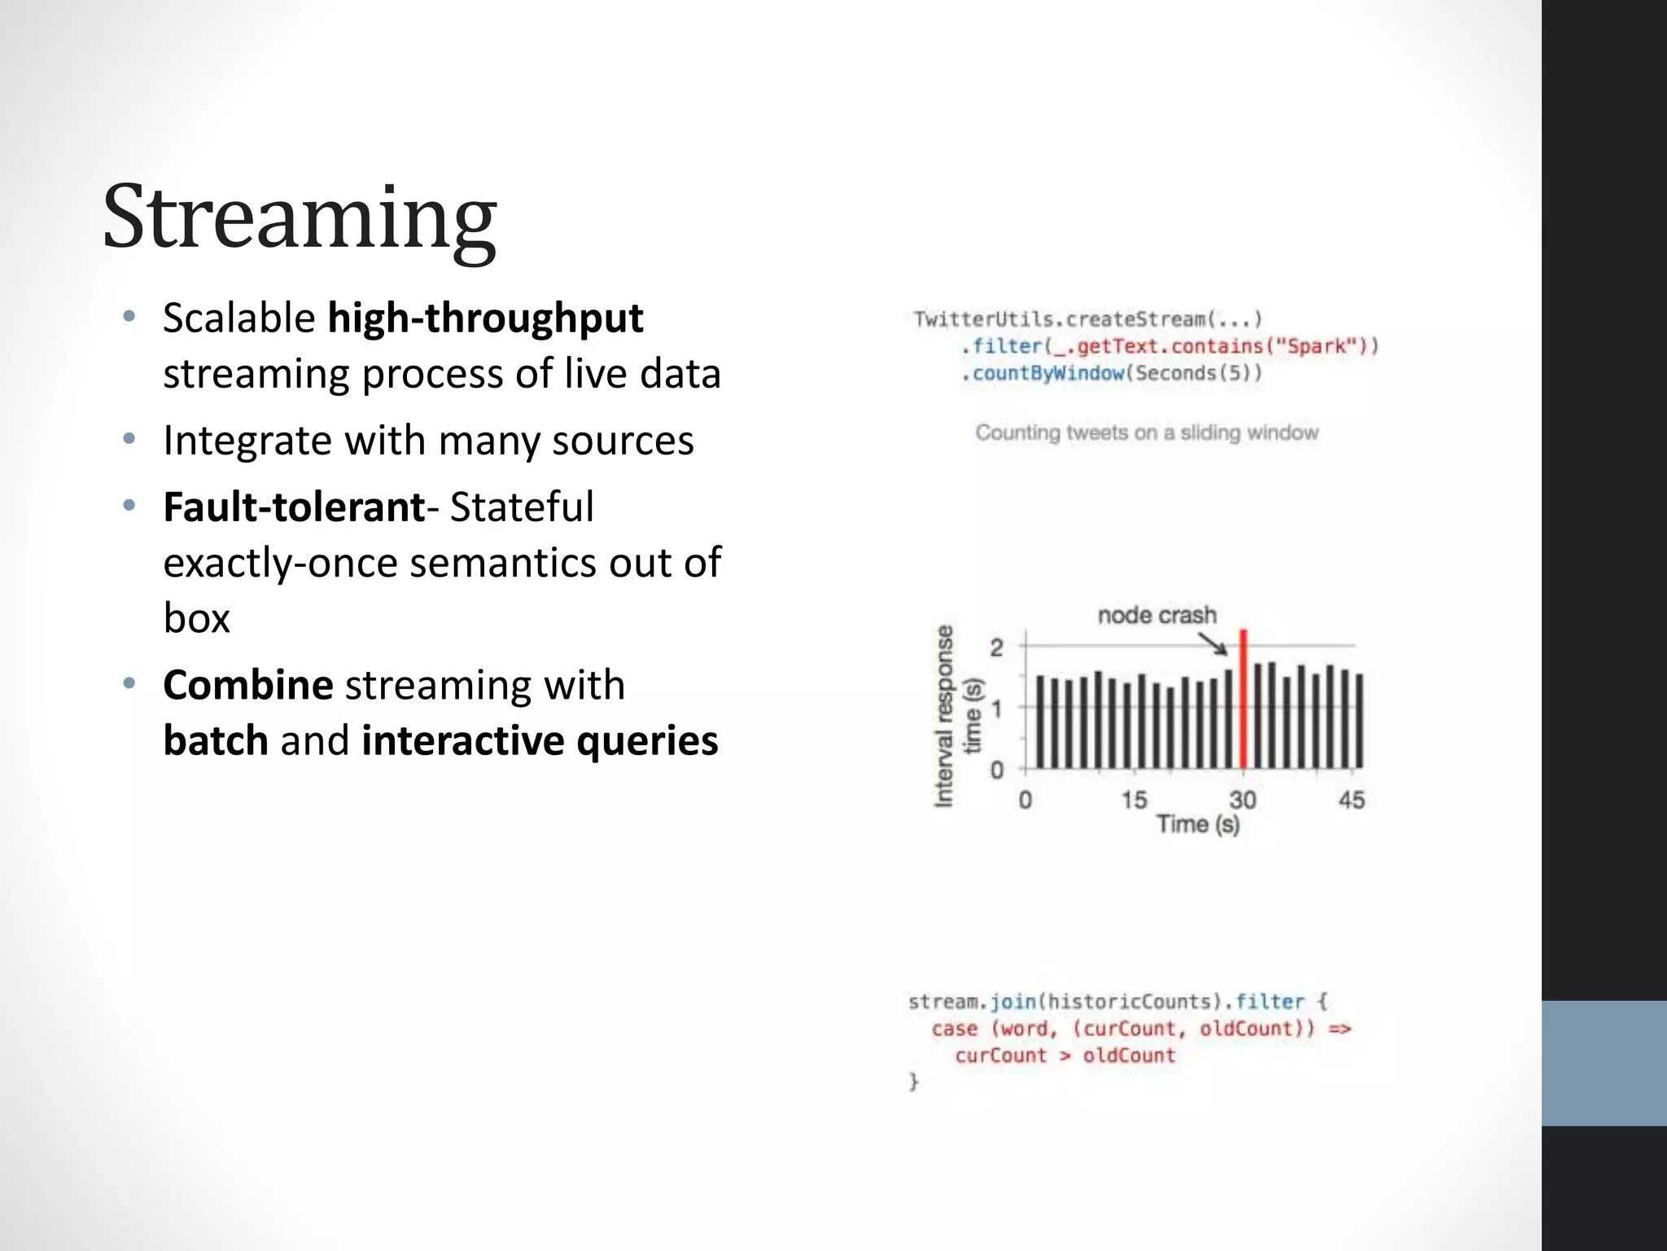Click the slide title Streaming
click(299, 217)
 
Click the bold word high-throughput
click(485, 318)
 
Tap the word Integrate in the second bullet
click(247, 441)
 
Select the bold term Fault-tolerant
click(294, 507)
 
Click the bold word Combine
click(247, 684)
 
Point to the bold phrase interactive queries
click(540, 740)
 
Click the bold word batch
click(216, 740)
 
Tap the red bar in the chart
click(1243, 700)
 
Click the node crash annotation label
click(1157, 615)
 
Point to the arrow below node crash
click(1213, 644)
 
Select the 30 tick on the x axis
click(1242, 800)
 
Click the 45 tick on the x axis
click(1351, 800)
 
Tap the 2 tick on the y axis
click(997, 647)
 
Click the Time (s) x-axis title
click(1197, 824)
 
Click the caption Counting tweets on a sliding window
click(1147, 432)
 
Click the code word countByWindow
click(1048, 374)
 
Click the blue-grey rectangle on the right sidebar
click(1604, 1063)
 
